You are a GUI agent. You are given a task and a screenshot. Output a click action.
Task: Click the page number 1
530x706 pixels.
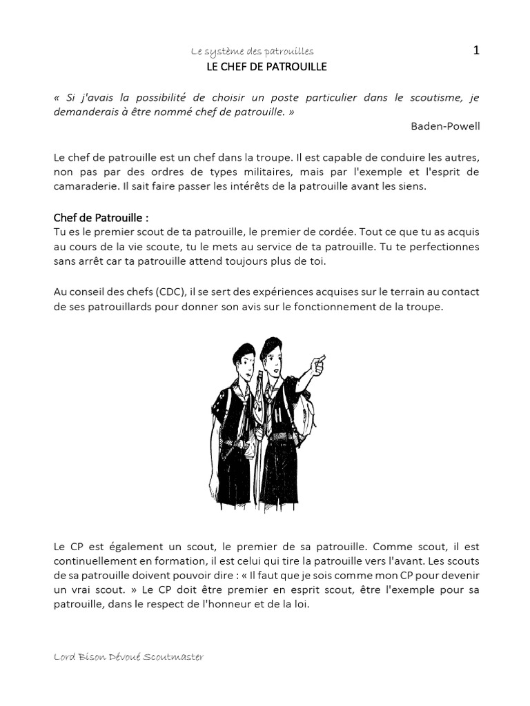(x=475, y=50)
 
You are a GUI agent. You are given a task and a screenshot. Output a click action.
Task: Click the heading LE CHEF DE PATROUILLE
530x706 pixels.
(x=266, y=67)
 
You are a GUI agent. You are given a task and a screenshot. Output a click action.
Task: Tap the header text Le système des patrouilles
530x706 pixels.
(x=252, y=52)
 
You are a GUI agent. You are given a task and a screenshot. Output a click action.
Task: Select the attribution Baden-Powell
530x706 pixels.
(x=444, y=125)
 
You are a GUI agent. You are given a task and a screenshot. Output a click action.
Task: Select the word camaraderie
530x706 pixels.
(x=84, y=186)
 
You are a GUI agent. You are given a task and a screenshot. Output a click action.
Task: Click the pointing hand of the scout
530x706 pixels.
(x=318, y=363)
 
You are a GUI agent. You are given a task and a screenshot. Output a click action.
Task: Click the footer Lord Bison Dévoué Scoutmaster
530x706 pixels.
(x=128, y=657)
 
